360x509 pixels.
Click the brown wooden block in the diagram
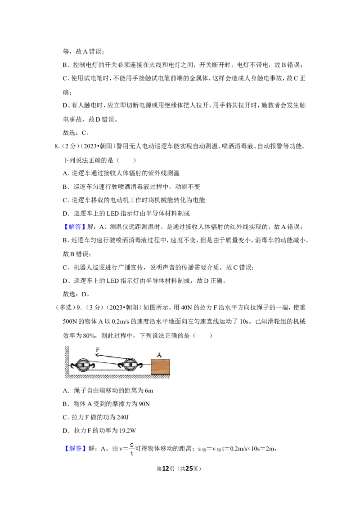point(160,367)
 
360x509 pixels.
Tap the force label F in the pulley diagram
point(98,350)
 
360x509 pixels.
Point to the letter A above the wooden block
point(159,355)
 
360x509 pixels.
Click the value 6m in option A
point(149,390)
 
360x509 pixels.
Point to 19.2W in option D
point(128,431)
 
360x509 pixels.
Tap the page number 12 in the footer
point(166,469)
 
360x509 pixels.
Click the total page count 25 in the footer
point(189,469)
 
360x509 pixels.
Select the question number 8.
point(57,147)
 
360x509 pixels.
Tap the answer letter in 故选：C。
point(84,133)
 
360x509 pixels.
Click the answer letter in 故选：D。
point(84,294)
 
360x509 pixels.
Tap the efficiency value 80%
point(89,335)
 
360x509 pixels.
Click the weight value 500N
point(70,321)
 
